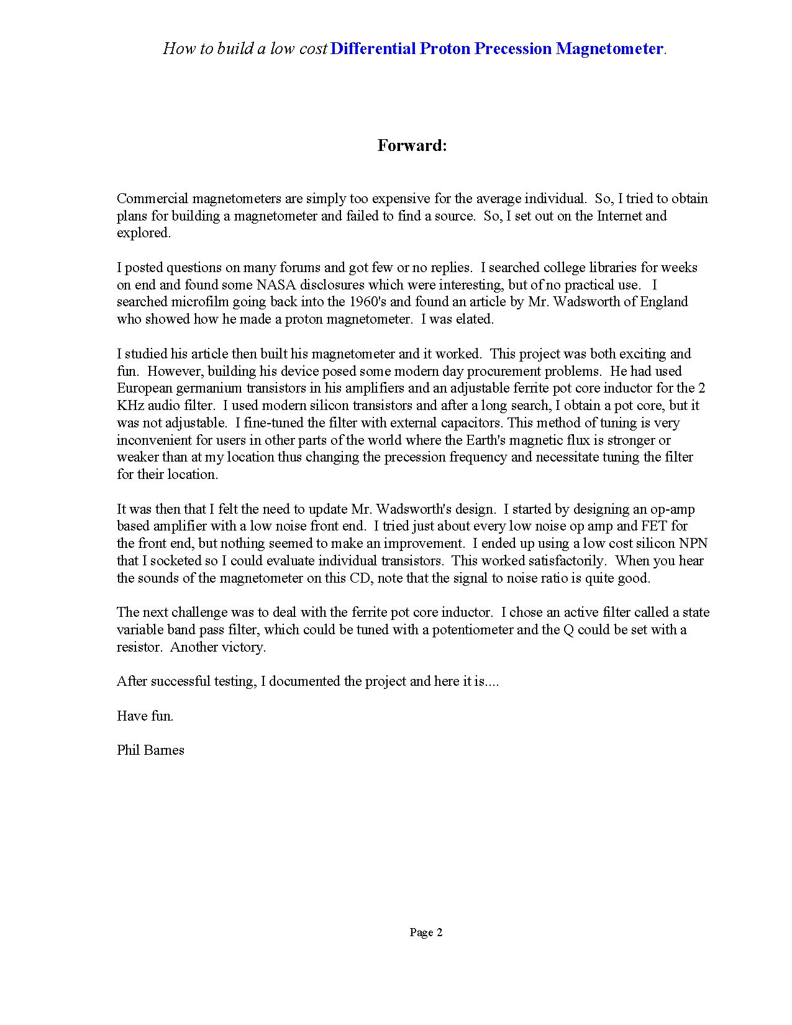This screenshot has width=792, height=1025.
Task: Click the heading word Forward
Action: pos(412,145)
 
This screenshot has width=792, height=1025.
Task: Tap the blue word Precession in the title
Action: pos(513,48)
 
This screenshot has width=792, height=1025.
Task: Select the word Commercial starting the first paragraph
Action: pos(152,199)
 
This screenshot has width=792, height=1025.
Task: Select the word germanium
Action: pos(211,388)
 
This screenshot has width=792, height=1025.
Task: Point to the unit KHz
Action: pos(130,406)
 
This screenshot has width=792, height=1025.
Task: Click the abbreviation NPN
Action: pos(693,544)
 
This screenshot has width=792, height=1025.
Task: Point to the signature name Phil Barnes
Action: pos(150,750)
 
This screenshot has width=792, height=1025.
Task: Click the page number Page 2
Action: pos(426,932)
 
